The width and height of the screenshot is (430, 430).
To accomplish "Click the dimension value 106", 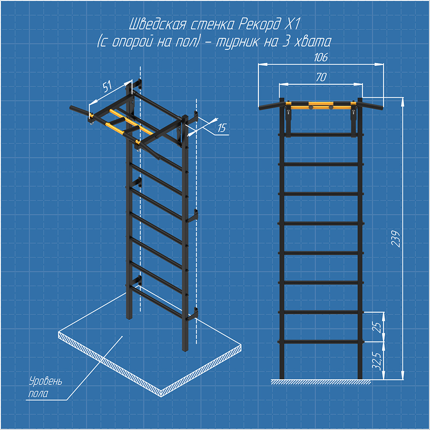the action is [x=321, y=57].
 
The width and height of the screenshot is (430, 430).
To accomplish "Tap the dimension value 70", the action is [x=321, y=77].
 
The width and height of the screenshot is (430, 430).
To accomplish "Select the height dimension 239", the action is [x=396, y=239].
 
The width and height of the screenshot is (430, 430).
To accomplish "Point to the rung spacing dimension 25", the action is [x=378, y=327].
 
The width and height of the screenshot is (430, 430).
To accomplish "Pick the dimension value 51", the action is [x=107, y=86].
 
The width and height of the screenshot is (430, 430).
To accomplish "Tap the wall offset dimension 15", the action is [x=221, y=128].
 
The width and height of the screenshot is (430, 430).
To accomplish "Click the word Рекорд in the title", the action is [x=259, y=25].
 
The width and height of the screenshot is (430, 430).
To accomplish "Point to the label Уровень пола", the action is [x=45, y=387].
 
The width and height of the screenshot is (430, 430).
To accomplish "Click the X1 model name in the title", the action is [x=292, y=25].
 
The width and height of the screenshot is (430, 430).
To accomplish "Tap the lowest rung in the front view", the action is [x=321, y=342].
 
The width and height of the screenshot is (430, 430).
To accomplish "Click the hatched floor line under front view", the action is [x=321, y=382].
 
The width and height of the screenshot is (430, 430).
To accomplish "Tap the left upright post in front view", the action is [x=282, y=239].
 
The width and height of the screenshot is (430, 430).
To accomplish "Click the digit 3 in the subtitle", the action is [x=286, y=42].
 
